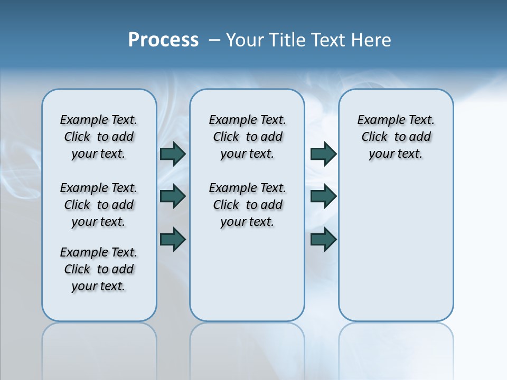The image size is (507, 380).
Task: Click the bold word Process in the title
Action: tap(163, 40)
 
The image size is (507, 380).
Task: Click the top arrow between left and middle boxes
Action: tap(173, 154)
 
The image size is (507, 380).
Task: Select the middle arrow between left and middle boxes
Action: tap(173, 196)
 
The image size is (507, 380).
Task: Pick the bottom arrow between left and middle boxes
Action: tap(173, 239)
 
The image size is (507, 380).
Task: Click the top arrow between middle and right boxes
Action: tap(323, 154)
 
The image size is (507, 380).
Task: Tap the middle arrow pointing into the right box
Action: tap(323, 196)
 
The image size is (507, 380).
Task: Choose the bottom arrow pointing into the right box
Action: tap(323, 239)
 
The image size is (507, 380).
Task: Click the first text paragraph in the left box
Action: tap(99, 137)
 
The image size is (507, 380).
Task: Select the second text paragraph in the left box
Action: tap(99, 205)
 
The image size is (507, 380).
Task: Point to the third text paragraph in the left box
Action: tap(99, 269)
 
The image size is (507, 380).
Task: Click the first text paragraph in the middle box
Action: tap(247, 137)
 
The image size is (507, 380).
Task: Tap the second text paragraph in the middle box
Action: tap(247, 205)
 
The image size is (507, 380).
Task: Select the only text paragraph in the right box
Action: tap(396, 137)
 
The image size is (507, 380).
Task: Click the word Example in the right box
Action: tap(377, 120)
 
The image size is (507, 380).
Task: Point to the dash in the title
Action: tap(214, 40)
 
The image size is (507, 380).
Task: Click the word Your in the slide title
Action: tap(245, 40)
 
